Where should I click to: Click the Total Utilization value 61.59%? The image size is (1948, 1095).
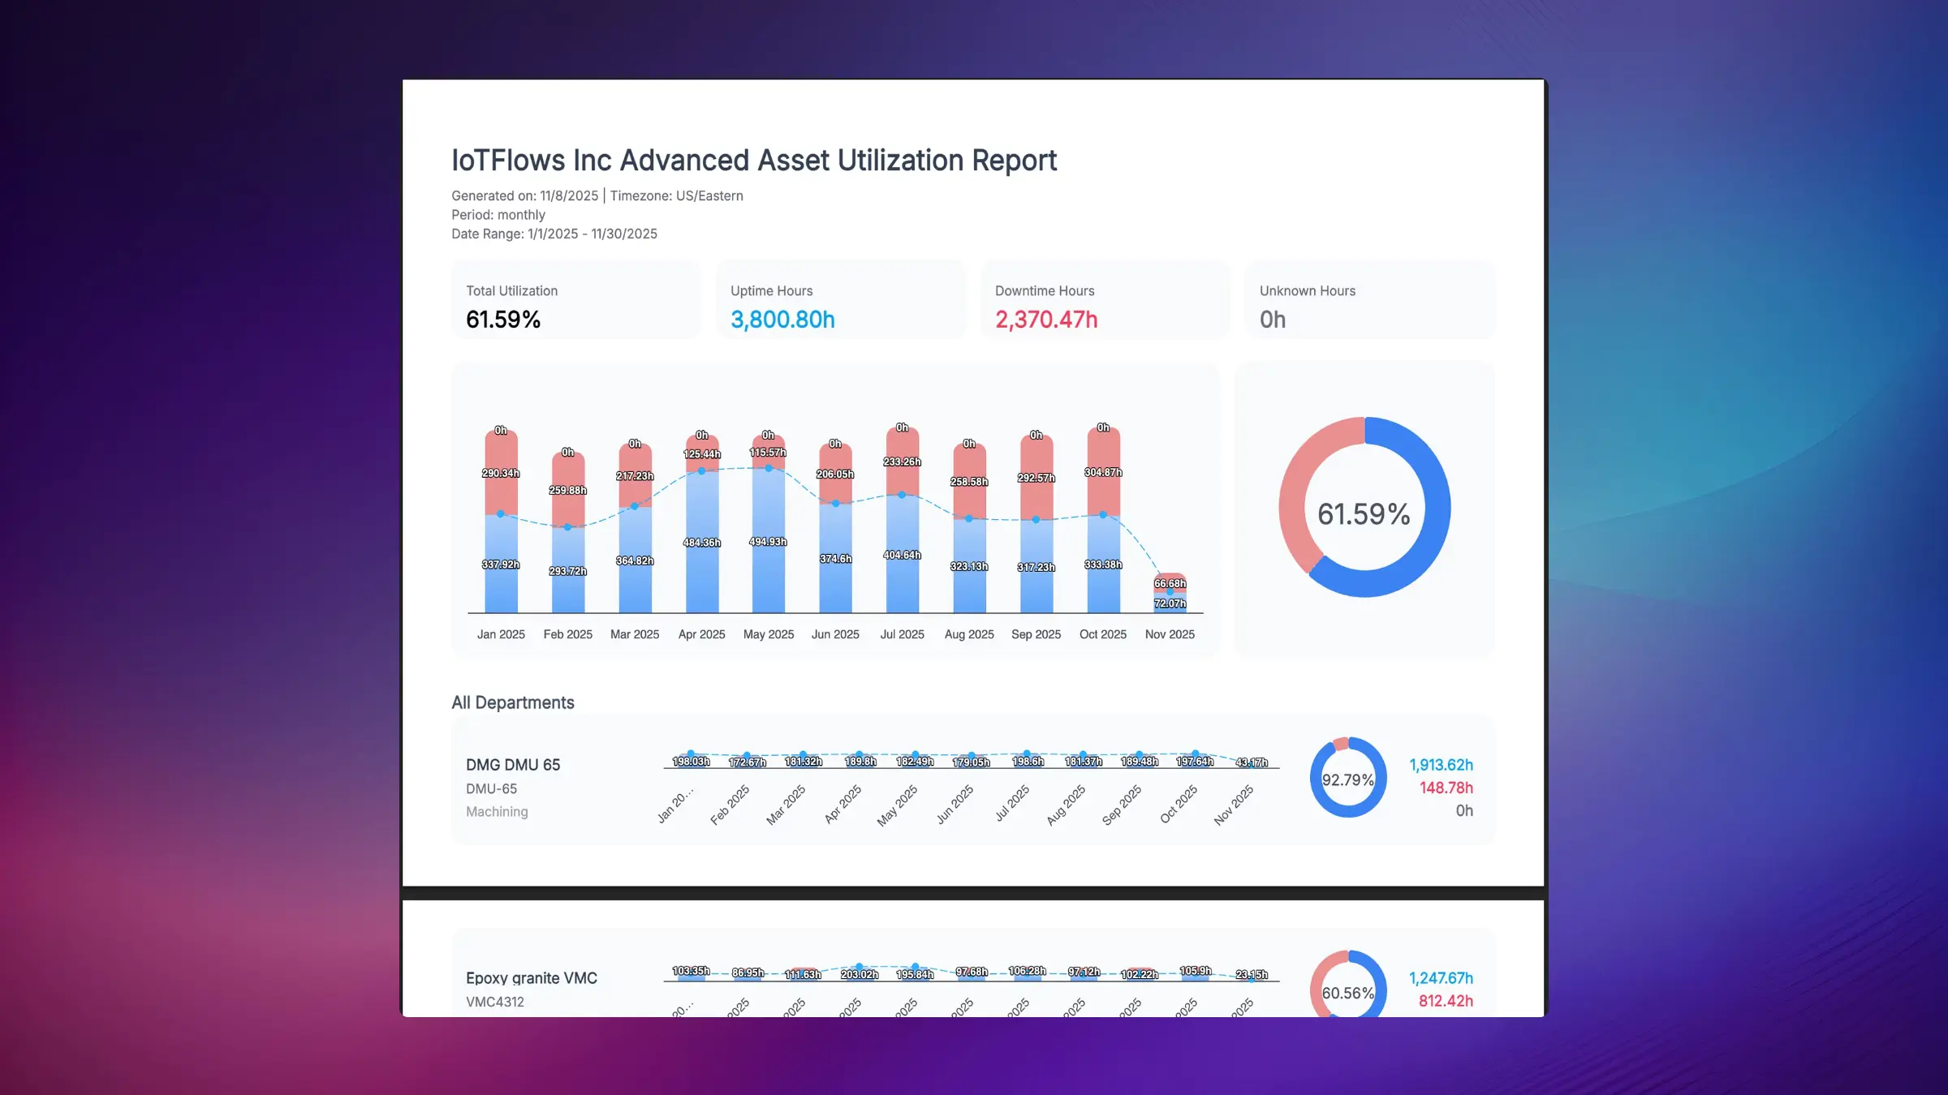point(503,320)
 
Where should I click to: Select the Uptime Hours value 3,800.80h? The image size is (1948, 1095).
point(782,320)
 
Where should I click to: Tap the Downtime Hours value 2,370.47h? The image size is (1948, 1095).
point(1046,320)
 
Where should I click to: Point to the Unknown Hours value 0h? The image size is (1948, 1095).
point(1272,320)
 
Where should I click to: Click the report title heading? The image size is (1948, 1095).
point(753,161)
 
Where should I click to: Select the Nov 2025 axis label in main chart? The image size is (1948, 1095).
point(1169,634)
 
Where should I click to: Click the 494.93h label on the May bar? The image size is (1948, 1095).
point(768,542)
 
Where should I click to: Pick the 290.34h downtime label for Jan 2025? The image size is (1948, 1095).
point(501,473)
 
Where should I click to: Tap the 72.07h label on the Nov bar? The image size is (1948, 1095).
point(1170,603)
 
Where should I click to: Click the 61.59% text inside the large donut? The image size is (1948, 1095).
point(1364,514)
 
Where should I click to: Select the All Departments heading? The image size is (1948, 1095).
point(512,702)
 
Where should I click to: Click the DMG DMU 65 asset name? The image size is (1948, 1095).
point(512,765)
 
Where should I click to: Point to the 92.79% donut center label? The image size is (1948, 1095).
point(1347,780)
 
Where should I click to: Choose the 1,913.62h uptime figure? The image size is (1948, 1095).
point(1440,765)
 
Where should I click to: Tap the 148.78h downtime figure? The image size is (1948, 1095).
point(1445,788)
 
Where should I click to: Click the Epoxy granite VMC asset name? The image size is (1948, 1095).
point(531,978)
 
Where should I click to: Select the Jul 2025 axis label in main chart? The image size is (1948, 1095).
point(902,634)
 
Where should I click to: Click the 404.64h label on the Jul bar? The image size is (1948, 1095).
point(902,556)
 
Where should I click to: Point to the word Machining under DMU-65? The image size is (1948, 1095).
point(496,812)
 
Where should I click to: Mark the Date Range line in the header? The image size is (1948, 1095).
point(554,234)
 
